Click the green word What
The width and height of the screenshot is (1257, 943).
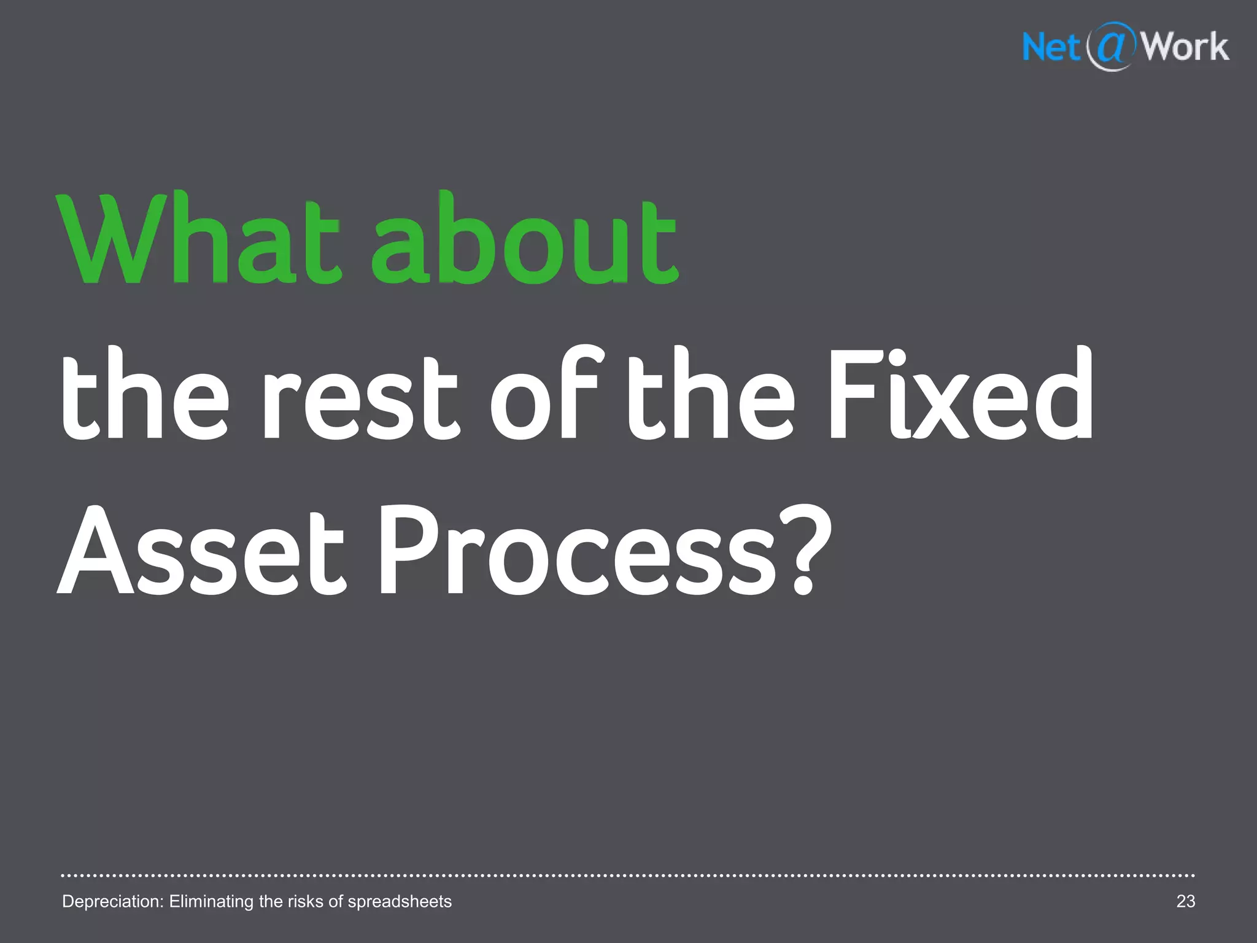(198, 239)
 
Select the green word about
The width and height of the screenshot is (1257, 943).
(525, 239)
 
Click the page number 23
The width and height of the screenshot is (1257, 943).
(1185, 901)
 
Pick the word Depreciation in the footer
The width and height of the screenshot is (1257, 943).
(113, 901)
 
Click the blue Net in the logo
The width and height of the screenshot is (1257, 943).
(1051, 47)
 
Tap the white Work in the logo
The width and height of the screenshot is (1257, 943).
(1185, 47)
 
